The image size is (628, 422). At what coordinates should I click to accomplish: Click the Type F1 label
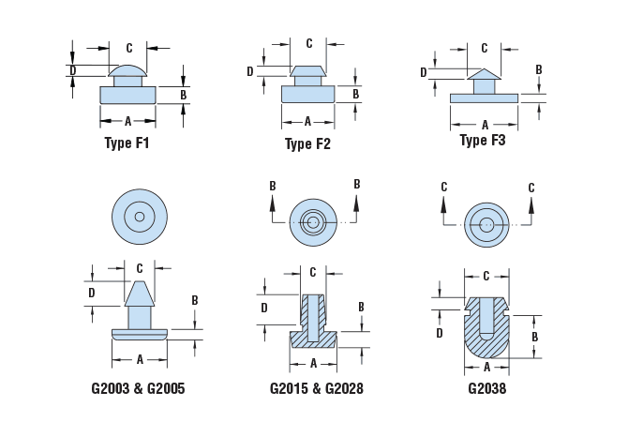pyautogui.click(x=127, y=144)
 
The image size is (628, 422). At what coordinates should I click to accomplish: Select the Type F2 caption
pyautogui.click(x=307, y=144)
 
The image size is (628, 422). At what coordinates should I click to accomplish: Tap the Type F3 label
pyautogui.click(x=483, y=141)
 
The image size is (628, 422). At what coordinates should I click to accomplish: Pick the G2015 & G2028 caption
pyautogui.click(x=316, y=387)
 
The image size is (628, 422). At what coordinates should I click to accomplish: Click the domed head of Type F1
pyautogui.click(x=127, y=70)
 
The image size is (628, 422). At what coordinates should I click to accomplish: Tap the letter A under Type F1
pyautogui.click(x=127, y=120)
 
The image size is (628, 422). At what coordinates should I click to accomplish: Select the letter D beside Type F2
pyautogui.click(x=251, y=71)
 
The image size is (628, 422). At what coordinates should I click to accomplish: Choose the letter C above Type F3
pyautogui.click(x=485, y=48)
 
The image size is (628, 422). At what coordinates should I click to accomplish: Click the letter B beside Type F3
pyautogui.click(x=539, y=69)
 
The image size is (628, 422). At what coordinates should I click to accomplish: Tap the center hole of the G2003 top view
pyautogui.click(x=139, y=217)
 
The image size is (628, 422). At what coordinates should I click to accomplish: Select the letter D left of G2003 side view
pyautogui.click(x=92, y=293)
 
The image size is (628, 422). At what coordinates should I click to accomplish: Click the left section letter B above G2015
pyautogui.click(x=273, y=186)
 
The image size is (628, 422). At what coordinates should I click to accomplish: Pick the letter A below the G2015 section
pyautogui.click(x=315, y=363)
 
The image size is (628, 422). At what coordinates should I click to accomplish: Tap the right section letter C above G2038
pyautogui.click(x=531, y=188)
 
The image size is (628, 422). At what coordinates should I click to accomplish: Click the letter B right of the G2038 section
pyautogui.click(x=534, y=336)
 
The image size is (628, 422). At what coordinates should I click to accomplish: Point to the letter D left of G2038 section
pyautogui.click(x=439, y=332)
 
